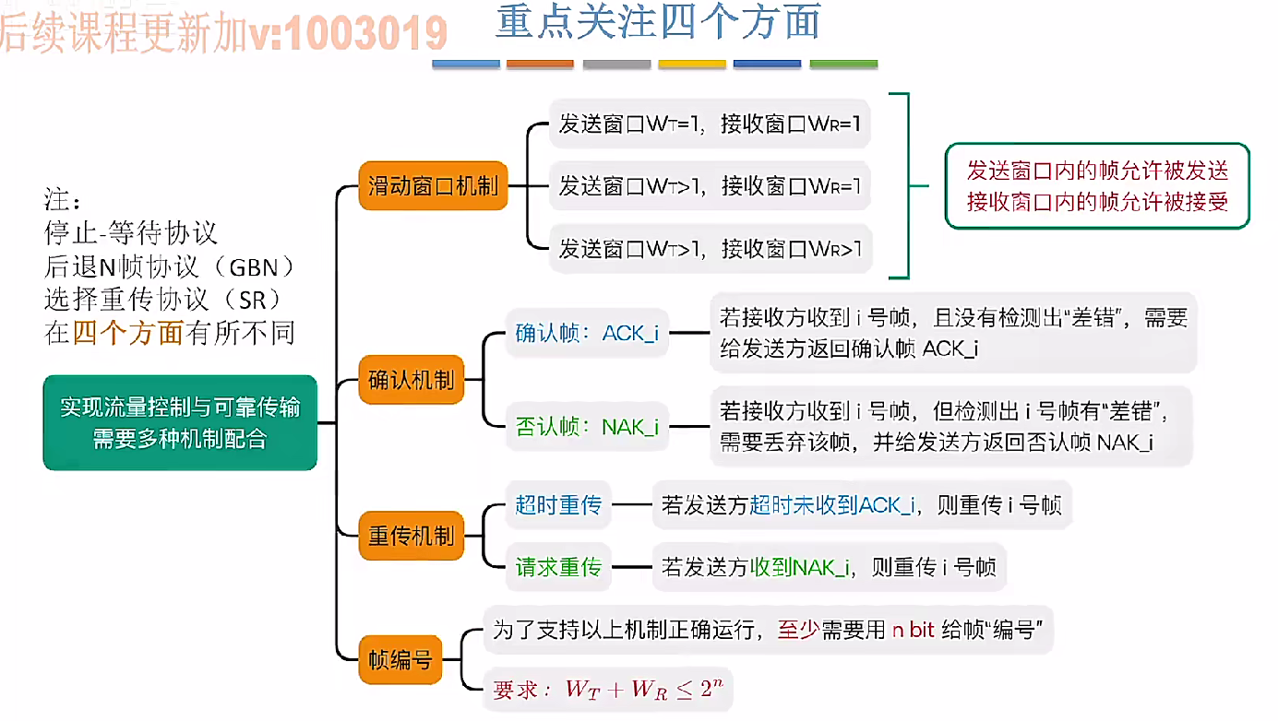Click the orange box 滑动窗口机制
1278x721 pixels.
tap(433, 185)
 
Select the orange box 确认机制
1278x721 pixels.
tap(411, 379)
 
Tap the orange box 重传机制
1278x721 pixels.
tap(411, 536)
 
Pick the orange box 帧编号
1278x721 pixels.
tap(399, 659)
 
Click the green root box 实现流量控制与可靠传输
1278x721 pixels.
tap(180, 422)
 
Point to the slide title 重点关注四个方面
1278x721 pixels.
tap(658, 23)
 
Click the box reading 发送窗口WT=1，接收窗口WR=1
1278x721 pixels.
tap(710, 124)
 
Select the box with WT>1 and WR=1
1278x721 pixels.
tap(710, 186)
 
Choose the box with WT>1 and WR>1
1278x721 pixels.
tap(710, 248)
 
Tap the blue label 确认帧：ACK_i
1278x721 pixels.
tap(587, 333)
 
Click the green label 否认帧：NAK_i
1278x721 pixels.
tap(587, 427)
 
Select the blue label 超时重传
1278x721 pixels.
tap(558, 504)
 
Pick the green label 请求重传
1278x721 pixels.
tap(558, 567)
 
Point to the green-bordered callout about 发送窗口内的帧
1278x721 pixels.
tap(1097, 185)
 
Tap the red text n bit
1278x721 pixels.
tap(913, 631)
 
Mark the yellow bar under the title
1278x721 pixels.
tap(692, 65)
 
